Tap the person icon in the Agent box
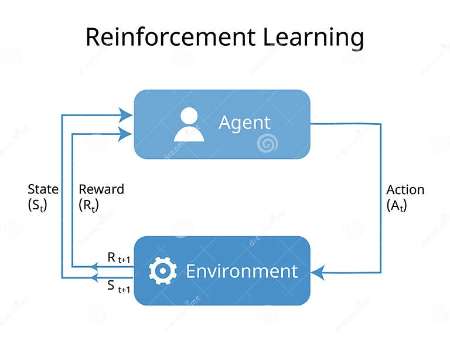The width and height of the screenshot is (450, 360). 189,124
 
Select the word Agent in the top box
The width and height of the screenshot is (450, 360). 244,123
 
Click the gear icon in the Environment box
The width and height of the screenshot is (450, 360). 162,271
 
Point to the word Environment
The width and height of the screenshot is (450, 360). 241,271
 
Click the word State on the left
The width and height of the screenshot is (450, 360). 43,189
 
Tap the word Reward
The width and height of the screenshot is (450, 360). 101,189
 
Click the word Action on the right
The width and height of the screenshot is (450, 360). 405,190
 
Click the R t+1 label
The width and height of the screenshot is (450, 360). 119,257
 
